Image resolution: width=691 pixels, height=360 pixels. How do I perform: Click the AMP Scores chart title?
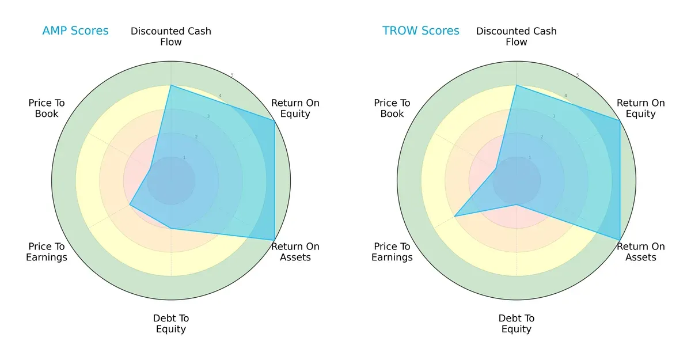tap(75, 31)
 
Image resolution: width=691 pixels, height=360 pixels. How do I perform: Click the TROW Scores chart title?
tap(421, 31)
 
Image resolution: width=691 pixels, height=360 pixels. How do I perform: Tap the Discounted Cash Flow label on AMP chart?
tap(171, 36)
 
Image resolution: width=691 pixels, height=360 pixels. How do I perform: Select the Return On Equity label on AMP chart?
tap(295, 108)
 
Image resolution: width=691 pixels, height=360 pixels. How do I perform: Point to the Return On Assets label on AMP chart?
tap(295, 252)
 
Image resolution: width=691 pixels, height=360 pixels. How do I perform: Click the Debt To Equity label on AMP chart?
tap(171, 324)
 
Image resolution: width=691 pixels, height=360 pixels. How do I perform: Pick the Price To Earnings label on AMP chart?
tap(47, 252)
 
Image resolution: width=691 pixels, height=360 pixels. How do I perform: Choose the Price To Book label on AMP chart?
tap(47, 108)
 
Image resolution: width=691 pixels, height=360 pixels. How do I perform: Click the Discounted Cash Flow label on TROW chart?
tap(517, 36)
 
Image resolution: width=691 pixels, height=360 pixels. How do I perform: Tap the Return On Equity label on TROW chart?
tap(641, 108)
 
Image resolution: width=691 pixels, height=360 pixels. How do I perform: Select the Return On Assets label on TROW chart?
tap(641, 252)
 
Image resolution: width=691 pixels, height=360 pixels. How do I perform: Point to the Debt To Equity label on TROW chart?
tap(517, 324)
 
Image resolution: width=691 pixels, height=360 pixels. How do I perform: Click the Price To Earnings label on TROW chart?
tap(392, 252)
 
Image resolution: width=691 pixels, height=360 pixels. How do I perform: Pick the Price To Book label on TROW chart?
tap(392, 108)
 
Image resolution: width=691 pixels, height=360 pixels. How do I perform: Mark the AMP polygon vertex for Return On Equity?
tap(274, 120)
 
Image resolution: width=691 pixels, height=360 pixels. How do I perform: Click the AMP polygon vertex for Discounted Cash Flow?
tap(171, 85)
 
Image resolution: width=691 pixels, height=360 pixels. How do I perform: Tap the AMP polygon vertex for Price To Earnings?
tap(130, 204)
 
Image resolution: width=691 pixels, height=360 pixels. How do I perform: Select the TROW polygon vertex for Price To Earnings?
tap(454, 217)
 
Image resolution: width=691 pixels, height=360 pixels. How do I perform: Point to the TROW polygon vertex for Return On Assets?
tap(620, 240)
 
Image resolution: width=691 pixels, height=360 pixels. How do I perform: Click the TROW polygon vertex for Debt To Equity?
tap(517, 204)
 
